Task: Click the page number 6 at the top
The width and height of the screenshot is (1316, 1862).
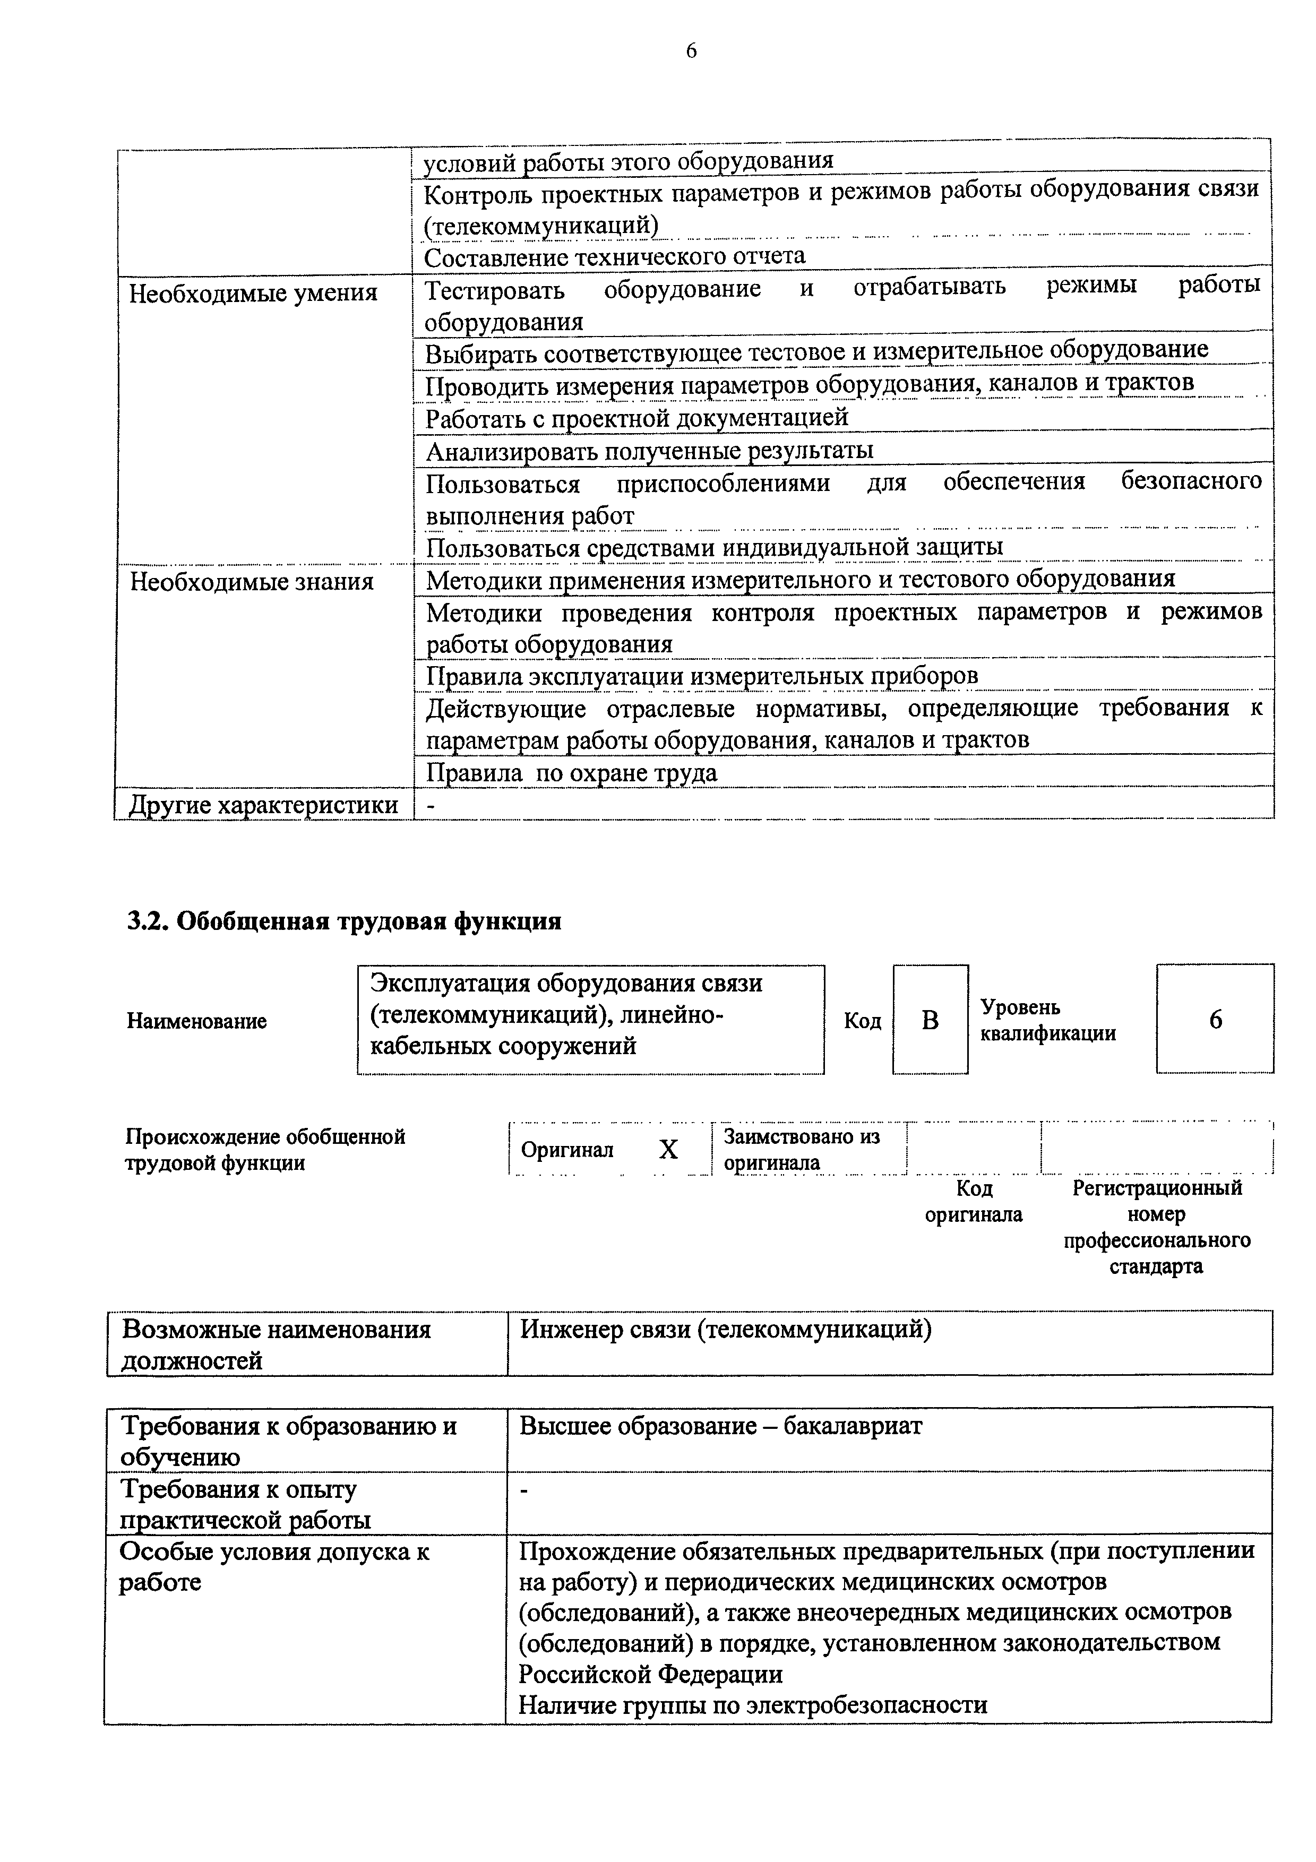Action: tap(691, 51)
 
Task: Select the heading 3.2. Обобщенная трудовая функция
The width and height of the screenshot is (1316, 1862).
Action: tap(345, 922)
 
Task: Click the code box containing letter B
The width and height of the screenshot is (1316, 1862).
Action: tap(930, 1020)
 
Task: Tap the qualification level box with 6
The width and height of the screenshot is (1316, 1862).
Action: tap(1215, 1020)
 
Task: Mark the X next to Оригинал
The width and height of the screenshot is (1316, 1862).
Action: tap(668, 1149)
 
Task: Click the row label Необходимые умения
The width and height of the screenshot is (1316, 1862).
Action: tap(253, 293)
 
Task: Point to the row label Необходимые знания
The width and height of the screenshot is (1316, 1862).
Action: tap(251, 581)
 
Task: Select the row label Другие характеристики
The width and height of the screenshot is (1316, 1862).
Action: tap(263, 805)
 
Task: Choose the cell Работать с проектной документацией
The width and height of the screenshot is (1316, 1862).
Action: tap(637, 418)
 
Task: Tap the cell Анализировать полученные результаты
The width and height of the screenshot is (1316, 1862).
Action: tap(649, 450)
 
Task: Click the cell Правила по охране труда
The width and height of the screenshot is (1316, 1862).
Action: tap(572, 773)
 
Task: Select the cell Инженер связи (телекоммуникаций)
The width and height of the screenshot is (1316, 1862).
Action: tap(725, 1329)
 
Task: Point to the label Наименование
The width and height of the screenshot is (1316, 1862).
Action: tap(196, 1021)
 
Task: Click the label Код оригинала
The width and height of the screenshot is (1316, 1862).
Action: tap(974, 1201)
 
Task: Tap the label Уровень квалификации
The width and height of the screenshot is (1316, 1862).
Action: tap(1047, 1020)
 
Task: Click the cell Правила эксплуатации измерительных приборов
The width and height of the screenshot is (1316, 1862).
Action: tap(702, 676)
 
